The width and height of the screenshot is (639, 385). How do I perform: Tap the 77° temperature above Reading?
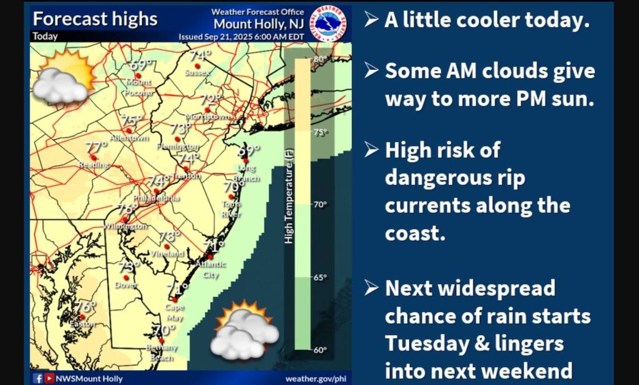96,147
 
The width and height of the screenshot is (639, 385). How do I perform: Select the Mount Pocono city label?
139,87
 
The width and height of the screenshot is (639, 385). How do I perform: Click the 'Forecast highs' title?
95,19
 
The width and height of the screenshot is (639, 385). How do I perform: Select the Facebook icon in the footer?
37,378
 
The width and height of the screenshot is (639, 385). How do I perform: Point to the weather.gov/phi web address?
315,378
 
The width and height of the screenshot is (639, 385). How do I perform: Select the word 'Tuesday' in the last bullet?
424,343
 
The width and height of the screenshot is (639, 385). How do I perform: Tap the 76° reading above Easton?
85,307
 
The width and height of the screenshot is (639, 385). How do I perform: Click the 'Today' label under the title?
45,36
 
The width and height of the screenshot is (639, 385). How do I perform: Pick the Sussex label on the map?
198,73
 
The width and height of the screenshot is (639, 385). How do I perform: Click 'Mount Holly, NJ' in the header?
258,24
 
